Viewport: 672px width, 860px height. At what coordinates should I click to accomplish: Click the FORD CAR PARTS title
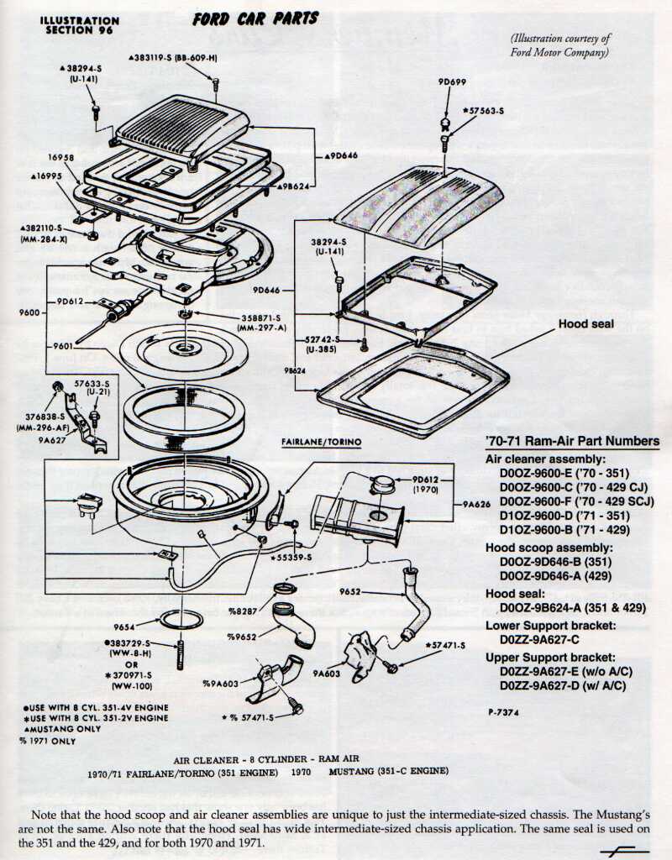click(x=255, y=18)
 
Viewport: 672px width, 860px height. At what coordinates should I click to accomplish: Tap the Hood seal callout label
click(x=585, y=324)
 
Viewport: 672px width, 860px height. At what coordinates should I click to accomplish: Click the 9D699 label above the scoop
click(x=452, y=82)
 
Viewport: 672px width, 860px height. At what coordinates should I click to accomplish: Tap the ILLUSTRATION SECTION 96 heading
click(x=80, y=24)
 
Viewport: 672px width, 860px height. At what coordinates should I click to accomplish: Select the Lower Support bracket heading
click(x=551, y=626)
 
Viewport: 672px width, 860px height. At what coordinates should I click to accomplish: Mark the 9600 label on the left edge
click(x=28, y=312)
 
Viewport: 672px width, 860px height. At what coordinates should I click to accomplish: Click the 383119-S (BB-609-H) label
click(x=173, y=57)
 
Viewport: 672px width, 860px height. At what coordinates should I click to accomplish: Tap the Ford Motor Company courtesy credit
click(x=560, y=45)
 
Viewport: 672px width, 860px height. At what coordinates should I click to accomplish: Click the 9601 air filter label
click(x=63, y=346)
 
